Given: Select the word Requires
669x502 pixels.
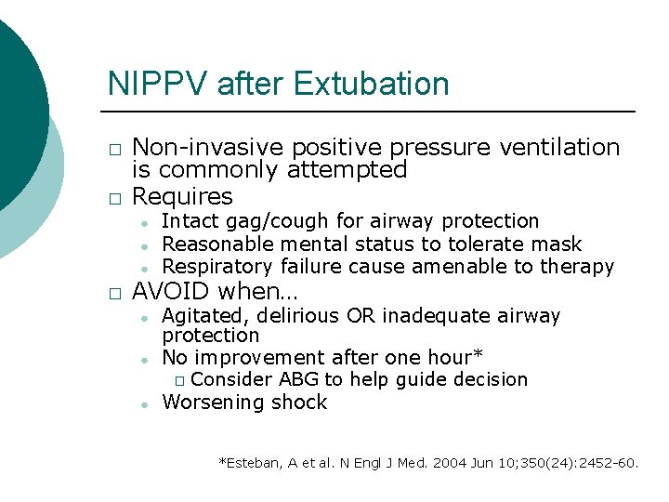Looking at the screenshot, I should point(183,196).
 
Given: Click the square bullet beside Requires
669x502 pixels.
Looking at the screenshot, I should point(113,198).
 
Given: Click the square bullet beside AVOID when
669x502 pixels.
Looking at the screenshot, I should point(113,293).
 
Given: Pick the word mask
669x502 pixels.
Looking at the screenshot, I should point(558,244).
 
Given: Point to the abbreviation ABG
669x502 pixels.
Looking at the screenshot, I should point(297,379).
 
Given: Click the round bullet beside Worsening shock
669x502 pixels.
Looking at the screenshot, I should point(146,404).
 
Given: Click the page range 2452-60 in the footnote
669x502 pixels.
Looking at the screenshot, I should point(606,462).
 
